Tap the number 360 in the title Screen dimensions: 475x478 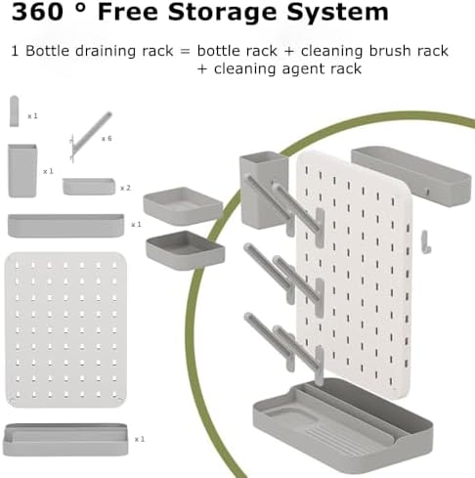click(x=37, y=12)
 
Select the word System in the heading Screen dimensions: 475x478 click(x=337, y=13)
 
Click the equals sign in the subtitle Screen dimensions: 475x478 click(x=185, y=52)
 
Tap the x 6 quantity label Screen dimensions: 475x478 click(x=107, y=139)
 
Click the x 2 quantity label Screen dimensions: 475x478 click(x=125, y=188)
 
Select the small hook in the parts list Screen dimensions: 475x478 click(x=14, y=110)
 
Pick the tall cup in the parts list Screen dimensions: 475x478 click(x=22, y=171)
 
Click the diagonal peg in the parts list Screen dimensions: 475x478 click(x=90, y=136)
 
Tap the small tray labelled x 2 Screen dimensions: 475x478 click(x=89, y=187)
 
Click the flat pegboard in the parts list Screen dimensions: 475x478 click(x=66, y=329)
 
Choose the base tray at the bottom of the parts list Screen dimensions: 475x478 click(x=65, y=440)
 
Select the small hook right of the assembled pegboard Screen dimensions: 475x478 click(x=426, y=241)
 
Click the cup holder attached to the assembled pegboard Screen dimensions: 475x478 click(x=264, y=190)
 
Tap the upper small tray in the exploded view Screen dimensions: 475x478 click(x=183, y=205)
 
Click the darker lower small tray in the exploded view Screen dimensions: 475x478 click(x=185, y=250)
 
